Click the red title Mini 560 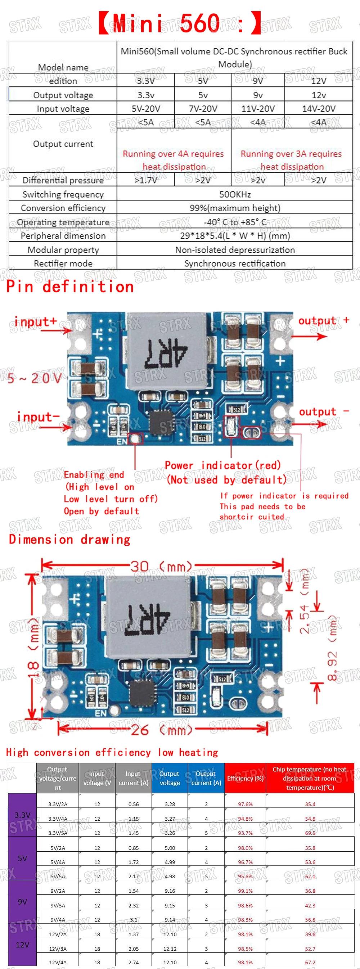click(x=179, y=23)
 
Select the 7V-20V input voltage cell click(x=203, y=109)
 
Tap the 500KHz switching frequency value click(x=235, y=194)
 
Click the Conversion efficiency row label click(x=63, y=208)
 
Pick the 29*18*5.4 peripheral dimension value click(x=235, y=236)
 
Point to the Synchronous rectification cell click(x=235, y=263)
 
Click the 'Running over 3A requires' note click(x=291, y=154)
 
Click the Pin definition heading click(x=70, y=287)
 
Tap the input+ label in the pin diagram click(x=35, y=322)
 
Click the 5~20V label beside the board click(x=34, y=378)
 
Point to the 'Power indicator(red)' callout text click(x=223, y=466)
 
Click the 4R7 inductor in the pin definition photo click(x=166, y=353)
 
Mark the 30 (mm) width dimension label click(x=161, y=566)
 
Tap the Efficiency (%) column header click(x=245, y=778)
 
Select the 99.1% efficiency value click(x=245, y=891)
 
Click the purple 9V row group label click(x=22, y=902)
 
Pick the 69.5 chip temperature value click(x=310, y=833)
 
